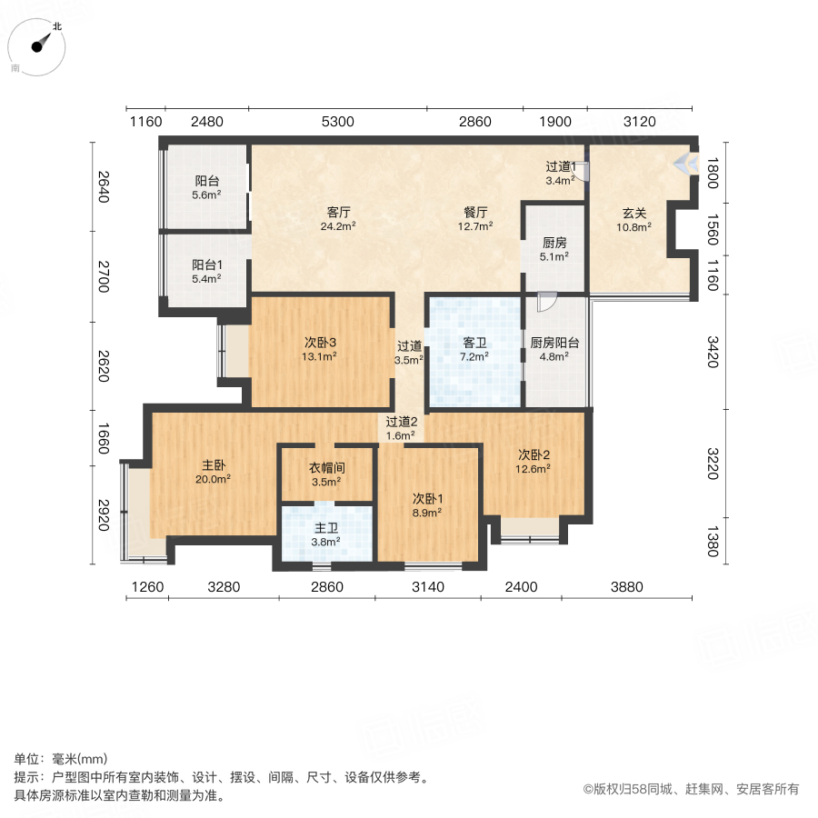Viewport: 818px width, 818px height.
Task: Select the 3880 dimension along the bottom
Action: (x=626, y=587)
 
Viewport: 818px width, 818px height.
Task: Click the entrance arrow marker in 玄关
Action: (x=686, y=165)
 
